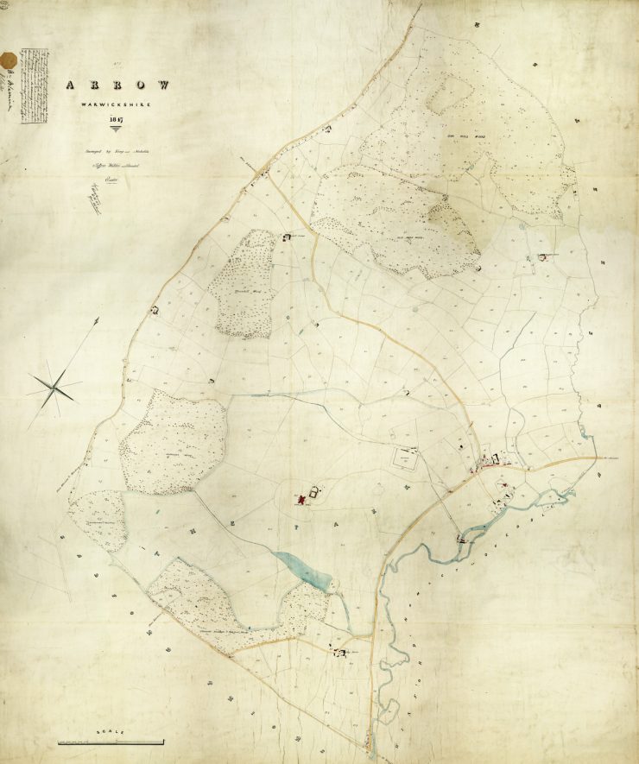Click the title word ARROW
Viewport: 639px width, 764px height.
point(116,85)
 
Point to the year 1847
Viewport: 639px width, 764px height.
point(116,120)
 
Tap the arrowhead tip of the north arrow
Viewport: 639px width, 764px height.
point(97,319)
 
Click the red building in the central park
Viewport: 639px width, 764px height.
point(302,498)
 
